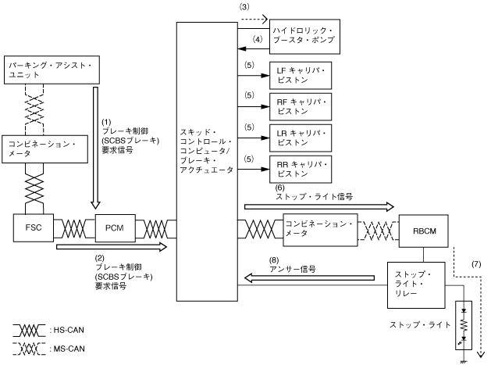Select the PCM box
point(115,227)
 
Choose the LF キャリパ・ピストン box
point(301,76)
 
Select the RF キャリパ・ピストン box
point(301,106)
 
